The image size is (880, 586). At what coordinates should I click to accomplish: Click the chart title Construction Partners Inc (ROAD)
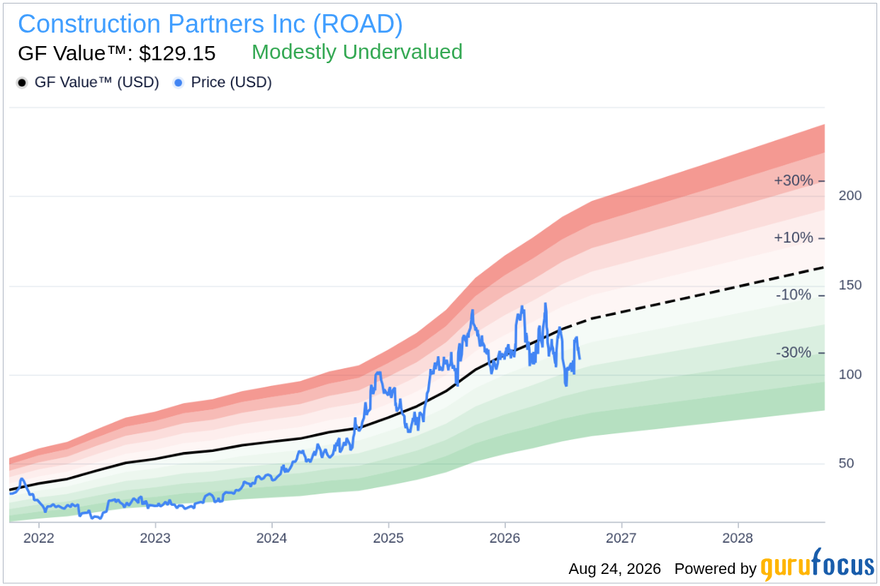pos(210,24)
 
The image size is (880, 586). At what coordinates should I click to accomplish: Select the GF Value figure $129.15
pos(177,53)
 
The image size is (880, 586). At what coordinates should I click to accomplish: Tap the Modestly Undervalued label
pos(356,52)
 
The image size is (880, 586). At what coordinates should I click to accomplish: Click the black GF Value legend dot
pos(22,83)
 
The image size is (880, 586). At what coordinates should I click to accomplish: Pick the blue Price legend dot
pos(179,83)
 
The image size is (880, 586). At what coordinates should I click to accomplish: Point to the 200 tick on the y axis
pos(850,196)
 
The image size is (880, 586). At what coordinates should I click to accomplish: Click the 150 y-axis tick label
pos(850,284)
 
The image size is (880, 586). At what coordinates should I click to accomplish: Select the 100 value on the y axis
pos(850,374)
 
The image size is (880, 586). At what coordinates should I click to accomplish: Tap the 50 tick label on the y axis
pos(846,463)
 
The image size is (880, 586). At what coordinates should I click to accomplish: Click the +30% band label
pos(793,180)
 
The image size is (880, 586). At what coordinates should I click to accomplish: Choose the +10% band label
pos(793,238)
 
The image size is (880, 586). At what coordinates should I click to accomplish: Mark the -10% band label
pos(793,294)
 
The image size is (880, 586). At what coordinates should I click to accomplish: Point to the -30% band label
pos(793,352)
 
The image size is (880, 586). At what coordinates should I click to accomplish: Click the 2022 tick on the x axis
pos(38,538)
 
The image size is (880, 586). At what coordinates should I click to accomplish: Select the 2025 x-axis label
pos(388,538)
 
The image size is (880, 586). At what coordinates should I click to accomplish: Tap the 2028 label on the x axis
pos(738,538)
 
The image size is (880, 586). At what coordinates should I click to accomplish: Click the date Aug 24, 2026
pos(614,569)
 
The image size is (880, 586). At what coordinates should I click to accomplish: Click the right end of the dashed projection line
pos(824,267)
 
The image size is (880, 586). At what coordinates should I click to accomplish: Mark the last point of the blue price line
pos(580,358)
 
